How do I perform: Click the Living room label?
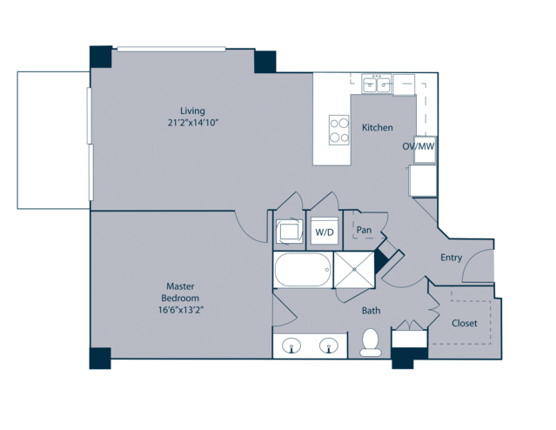coord(192,111)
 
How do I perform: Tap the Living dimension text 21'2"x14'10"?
coord(192,123)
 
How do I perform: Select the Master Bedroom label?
coord(180,292)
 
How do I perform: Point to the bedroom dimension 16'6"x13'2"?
coord(180,310)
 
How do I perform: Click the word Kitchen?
coord(378,127)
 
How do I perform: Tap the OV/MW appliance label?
coord(419,146)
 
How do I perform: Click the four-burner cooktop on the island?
coord(339,130)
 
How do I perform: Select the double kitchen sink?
coord(376,84)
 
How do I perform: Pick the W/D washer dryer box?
coord(325,231)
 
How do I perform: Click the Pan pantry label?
coord(364,230)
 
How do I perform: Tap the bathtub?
coord(303,270)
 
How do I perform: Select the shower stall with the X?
coord(354,270)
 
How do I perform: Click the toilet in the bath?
coord(371,342)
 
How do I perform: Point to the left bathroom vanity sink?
coord(291,346)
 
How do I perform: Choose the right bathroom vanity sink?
coord(329,346)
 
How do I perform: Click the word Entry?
coord(451,258)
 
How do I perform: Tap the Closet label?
coord(464,323)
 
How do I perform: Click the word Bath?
coord(371,311)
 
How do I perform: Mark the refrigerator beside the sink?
coord(404,84)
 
